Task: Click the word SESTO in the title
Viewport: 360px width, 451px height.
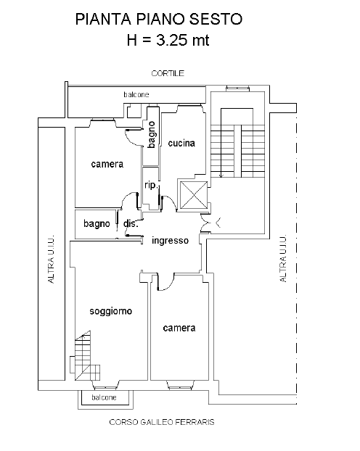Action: (216, 20)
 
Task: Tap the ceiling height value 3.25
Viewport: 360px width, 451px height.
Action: (171, 40)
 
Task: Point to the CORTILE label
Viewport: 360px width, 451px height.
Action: (168, 73)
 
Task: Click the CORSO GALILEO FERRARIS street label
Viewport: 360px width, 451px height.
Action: (162, 422)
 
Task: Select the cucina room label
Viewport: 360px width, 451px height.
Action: (181, 143)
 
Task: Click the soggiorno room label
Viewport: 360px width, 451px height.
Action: (111, 311)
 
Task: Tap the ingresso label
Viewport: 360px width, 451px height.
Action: (171, 241)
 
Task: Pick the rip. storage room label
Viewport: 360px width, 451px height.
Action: (152, 185)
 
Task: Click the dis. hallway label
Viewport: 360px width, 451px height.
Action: (131, 223)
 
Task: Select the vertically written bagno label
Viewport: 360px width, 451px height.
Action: (152, 135)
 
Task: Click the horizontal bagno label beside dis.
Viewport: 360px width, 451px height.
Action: (97, 223)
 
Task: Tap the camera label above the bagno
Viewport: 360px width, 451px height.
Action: (107, 164)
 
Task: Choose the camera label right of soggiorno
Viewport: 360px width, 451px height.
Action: (179, 328)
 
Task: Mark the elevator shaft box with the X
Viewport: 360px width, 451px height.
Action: (194, 195)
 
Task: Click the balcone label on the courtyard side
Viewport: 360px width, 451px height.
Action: (136, 94)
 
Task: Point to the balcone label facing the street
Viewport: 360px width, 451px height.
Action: (104, 397)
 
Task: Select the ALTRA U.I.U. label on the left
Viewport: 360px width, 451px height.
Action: (52, 259)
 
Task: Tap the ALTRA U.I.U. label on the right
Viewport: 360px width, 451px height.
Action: (283, 258)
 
